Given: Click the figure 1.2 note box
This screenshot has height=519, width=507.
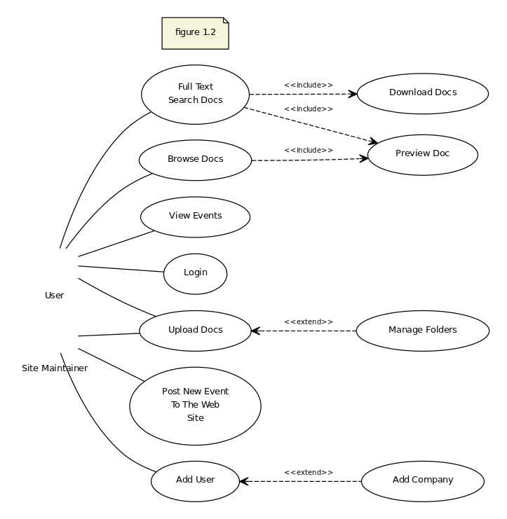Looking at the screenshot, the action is coord(195,34).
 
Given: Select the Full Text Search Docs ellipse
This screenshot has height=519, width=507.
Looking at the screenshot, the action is coord(195,95).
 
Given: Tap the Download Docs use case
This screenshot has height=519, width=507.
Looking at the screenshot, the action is coord(423,94).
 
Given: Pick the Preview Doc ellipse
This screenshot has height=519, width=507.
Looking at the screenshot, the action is coord(423,155).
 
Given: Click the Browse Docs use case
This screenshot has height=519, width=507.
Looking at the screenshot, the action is coord(195,160).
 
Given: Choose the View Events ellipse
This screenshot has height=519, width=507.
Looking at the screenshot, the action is coord(195,217).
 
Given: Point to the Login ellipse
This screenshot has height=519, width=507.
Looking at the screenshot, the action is coord(195,274).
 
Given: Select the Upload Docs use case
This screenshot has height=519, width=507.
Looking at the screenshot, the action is coord(195,331).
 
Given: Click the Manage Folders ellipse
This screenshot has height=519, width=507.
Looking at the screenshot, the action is coord(423,331).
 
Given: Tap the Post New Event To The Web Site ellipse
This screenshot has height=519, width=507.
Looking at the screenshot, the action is coord(195,406).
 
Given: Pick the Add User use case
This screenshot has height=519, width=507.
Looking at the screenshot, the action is coord(195,481).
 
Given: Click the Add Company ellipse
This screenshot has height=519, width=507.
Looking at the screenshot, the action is coord(423,481).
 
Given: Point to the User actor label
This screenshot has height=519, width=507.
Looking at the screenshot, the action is coord(54,296).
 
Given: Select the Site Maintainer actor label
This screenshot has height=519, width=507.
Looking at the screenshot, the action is coord(55,368).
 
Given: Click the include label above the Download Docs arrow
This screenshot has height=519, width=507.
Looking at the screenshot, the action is coord(309,85).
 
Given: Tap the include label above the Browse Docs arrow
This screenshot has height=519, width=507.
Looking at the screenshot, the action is coord(309,151).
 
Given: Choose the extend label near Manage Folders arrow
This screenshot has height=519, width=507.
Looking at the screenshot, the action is coord(309,321).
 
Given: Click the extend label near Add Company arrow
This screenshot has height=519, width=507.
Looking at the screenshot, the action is coord(309,472).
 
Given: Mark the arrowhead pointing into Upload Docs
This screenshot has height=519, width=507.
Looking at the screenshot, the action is coord(255,331).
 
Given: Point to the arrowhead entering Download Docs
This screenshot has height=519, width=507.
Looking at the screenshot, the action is coord(353,94).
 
